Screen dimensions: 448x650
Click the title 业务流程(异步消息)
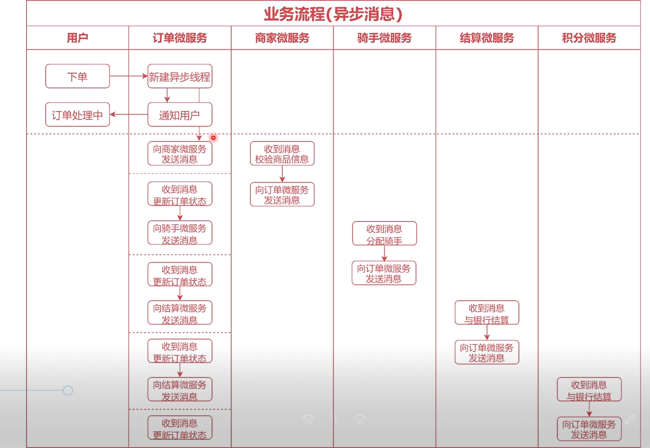point(333,14)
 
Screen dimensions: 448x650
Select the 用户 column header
point(77,38)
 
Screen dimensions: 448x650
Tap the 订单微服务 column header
point(180,38)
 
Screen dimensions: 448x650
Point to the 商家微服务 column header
point(282,38)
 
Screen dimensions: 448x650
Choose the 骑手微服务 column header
point(384,38)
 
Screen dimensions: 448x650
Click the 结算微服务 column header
point(487,38)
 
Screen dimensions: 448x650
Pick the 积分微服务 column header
point(589,38)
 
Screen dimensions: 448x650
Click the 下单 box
point(78,76)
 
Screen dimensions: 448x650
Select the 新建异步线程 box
point(180,76)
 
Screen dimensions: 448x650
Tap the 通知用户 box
point(180,115)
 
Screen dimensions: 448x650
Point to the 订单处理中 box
point(78,115)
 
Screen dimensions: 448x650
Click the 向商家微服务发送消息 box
point(180,154)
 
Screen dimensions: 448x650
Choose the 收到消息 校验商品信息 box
point(282,154)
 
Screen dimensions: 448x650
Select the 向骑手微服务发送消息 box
point(180,234)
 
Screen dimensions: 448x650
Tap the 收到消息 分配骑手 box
point(384,234)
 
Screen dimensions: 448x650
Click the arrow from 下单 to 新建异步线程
point(129,76)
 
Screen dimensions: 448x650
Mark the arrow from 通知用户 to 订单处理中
point(129,114)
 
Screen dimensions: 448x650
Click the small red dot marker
point(213,138)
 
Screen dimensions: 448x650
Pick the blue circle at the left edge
point(68,390)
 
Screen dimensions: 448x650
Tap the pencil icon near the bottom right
point(630,419)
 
